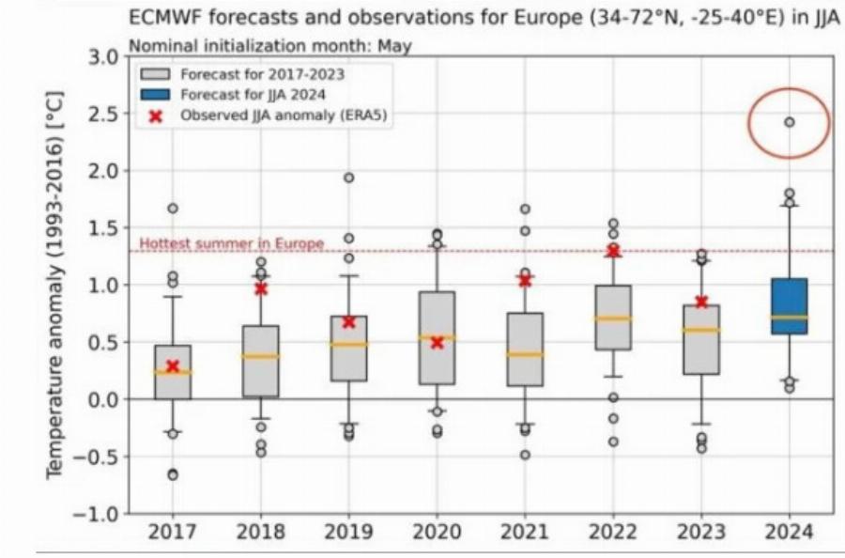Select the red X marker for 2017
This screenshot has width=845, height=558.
click(x=172, y=366)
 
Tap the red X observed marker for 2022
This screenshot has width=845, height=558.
click(x=613, y=251)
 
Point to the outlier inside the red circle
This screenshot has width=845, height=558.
click(x=790, y=122)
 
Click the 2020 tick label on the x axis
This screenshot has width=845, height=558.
click(x=437, y=533)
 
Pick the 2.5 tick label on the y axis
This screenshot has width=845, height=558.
click(x=103, y=114)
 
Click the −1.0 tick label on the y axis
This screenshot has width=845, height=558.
click(x=98, y=514)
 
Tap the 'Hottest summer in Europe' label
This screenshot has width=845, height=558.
click(x=231, y=243)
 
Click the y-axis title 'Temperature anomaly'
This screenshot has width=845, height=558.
click(x=56, y=291)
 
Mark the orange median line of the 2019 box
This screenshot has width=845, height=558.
click(x=348, y=344)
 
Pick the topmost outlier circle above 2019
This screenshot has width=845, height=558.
click(x=348, y=178)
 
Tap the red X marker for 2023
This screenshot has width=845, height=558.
click(x=701, y=302)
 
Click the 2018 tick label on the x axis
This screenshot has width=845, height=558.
click(x=260, y=533)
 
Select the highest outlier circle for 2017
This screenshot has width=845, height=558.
click(x=172, y=209)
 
